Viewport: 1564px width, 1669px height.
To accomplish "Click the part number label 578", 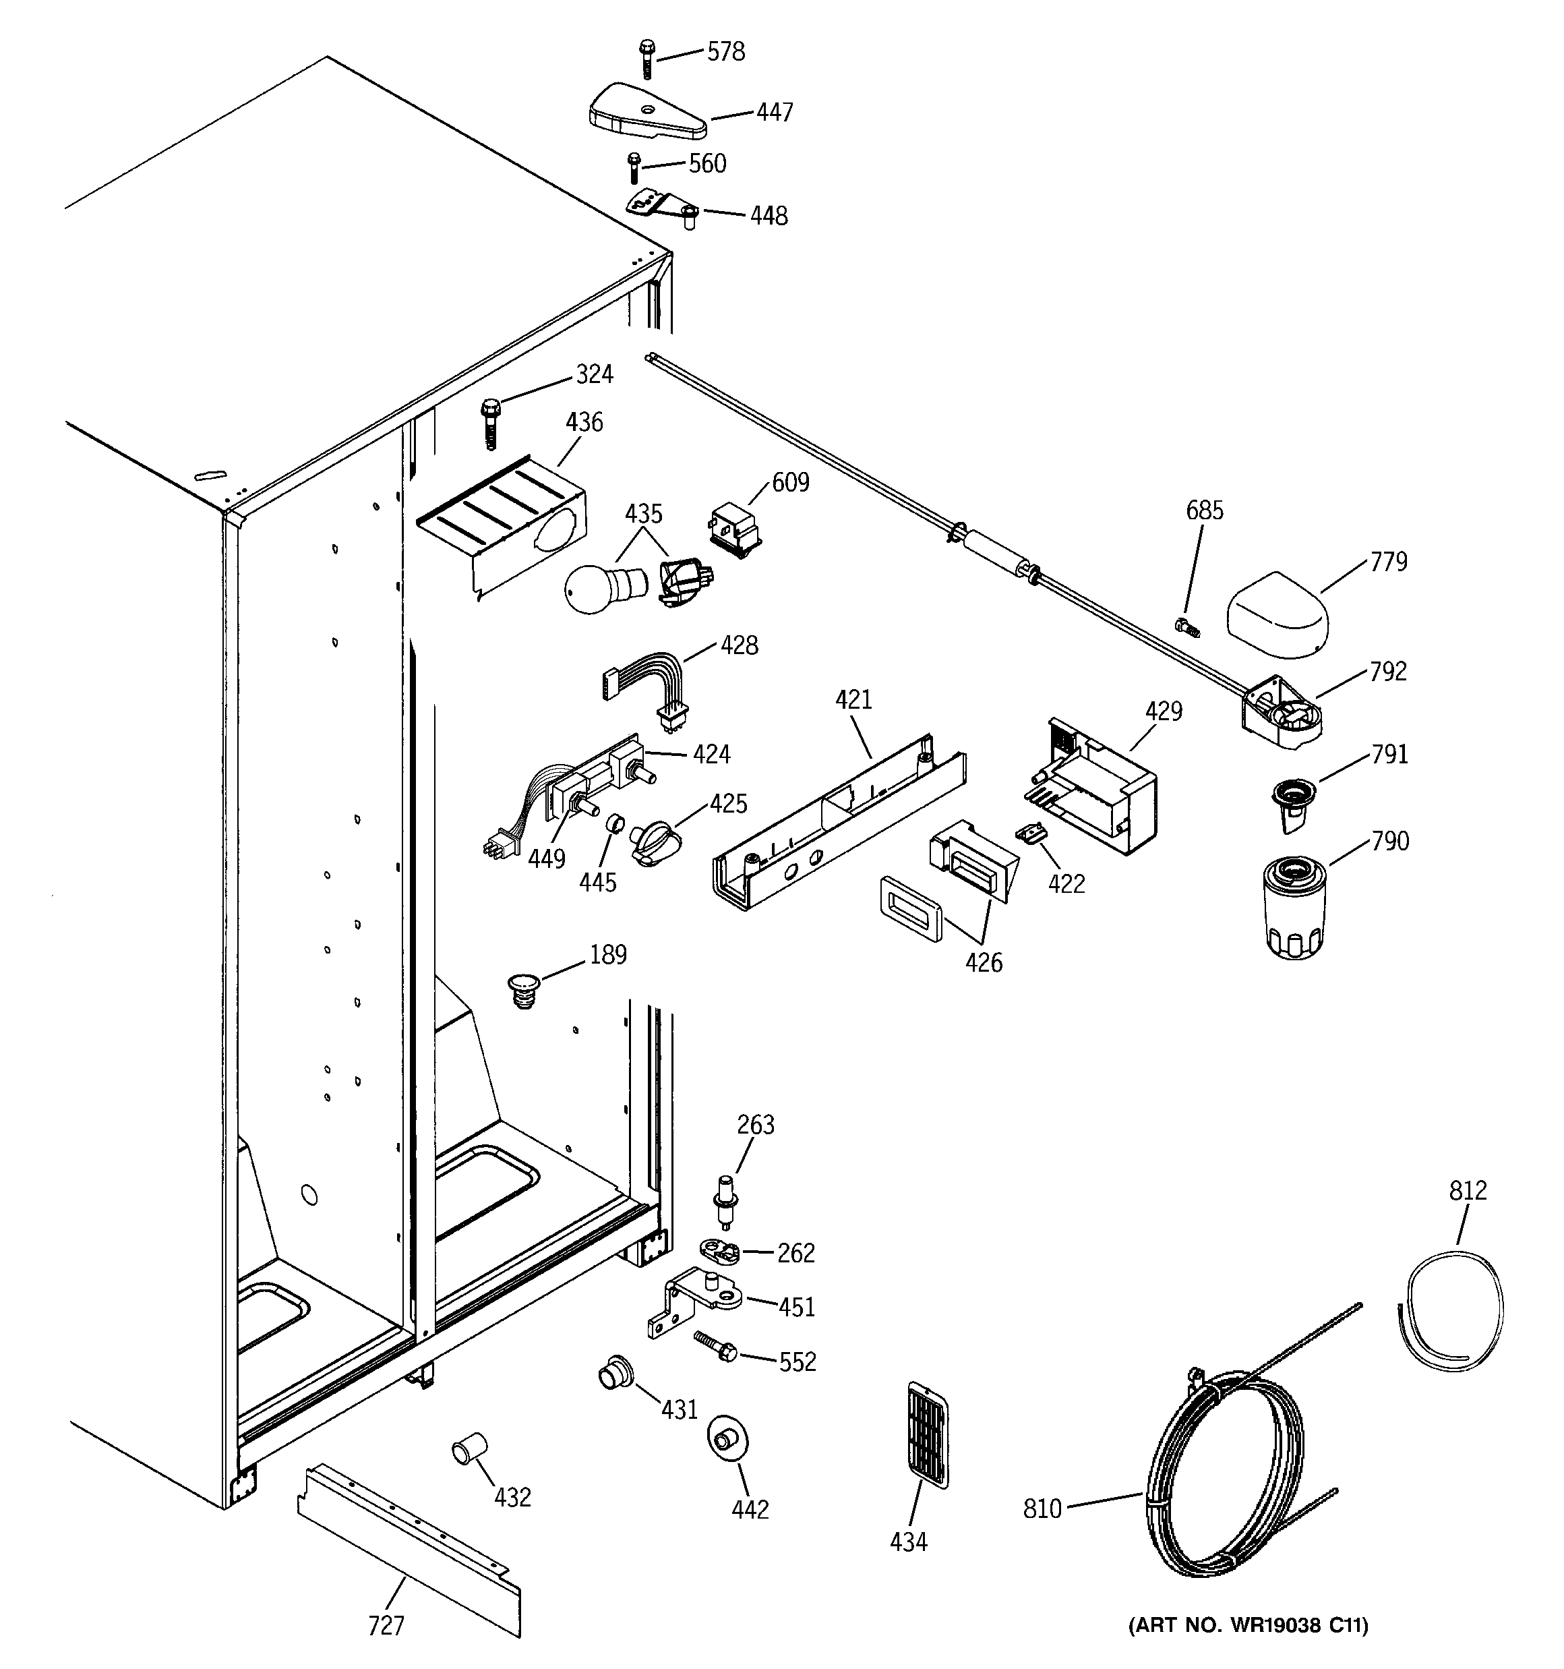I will [x=725, y=52].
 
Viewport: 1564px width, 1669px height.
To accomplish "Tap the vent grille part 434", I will [x=927, y=1434].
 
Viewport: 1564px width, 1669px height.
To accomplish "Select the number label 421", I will [x=853, y=699].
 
